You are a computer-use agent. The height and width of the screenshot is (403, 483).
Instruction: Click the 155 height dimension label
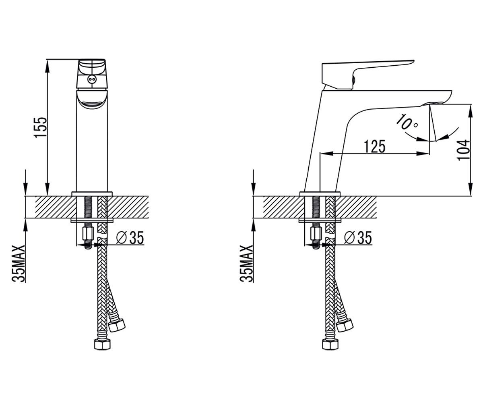tap(41, 127)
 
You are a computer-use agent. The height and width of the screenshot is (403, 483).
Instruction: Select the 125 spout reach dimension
tap(375, 146)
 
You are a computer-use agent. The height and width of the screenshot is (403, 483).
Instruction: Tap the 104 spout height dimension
tap(464, 150)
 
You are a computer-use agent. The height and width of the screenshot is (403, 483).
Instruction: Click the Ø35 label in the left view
tap(130, 237)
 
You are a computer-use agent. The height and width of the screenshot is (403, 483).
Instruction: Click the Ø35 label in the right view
tap(358, 237)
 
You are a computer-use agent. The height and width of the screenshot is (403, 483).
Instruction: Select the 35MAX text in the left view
tap(18, 263)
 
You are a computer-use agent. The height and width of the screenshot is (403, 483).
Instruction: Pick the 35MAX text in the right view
tap(246, 263)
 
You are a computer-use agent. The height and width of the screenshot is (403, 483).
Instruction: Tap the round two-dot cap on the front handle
tap(92, 79)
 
